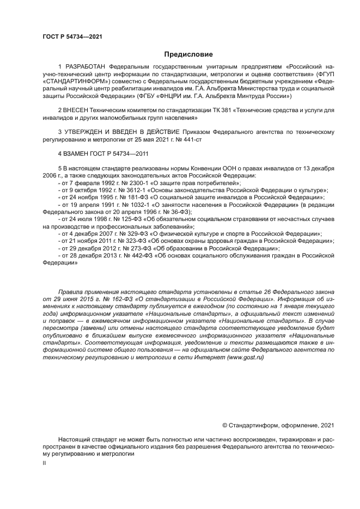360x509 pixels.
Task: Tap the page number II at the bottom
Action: pos(45,462)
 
